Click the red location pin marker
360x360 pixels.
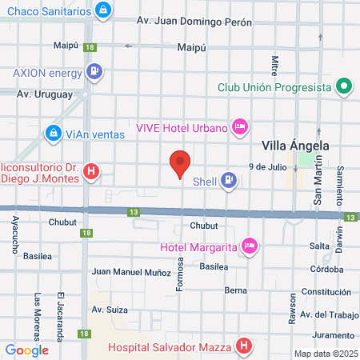[181, 164]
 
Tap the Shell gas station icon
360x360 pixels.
[230, 181]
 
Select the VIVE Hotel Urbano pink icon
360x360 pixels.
[238, 126]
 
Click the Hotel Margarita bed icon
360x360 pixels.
[249, 245]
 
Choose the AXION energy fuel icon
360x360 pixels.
[95, 71]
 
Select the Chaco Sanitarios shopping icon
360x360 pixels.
[102, 10]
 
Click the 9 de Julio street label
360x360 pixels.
[267, 166]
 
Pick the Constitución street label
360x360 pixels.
[326, 291]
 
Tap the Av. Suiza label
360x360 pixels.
[109, 309]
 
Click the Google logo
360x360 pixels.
[27, 350]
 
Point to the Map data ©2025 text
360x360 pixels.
[326, 354]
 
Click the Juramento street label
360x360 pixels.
[333, 334]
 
